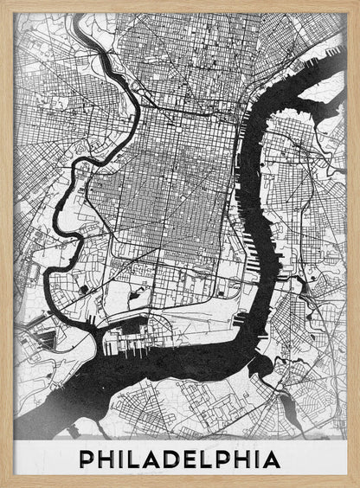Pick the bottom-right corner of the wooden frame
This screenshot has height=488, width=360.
coord(357,485)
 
